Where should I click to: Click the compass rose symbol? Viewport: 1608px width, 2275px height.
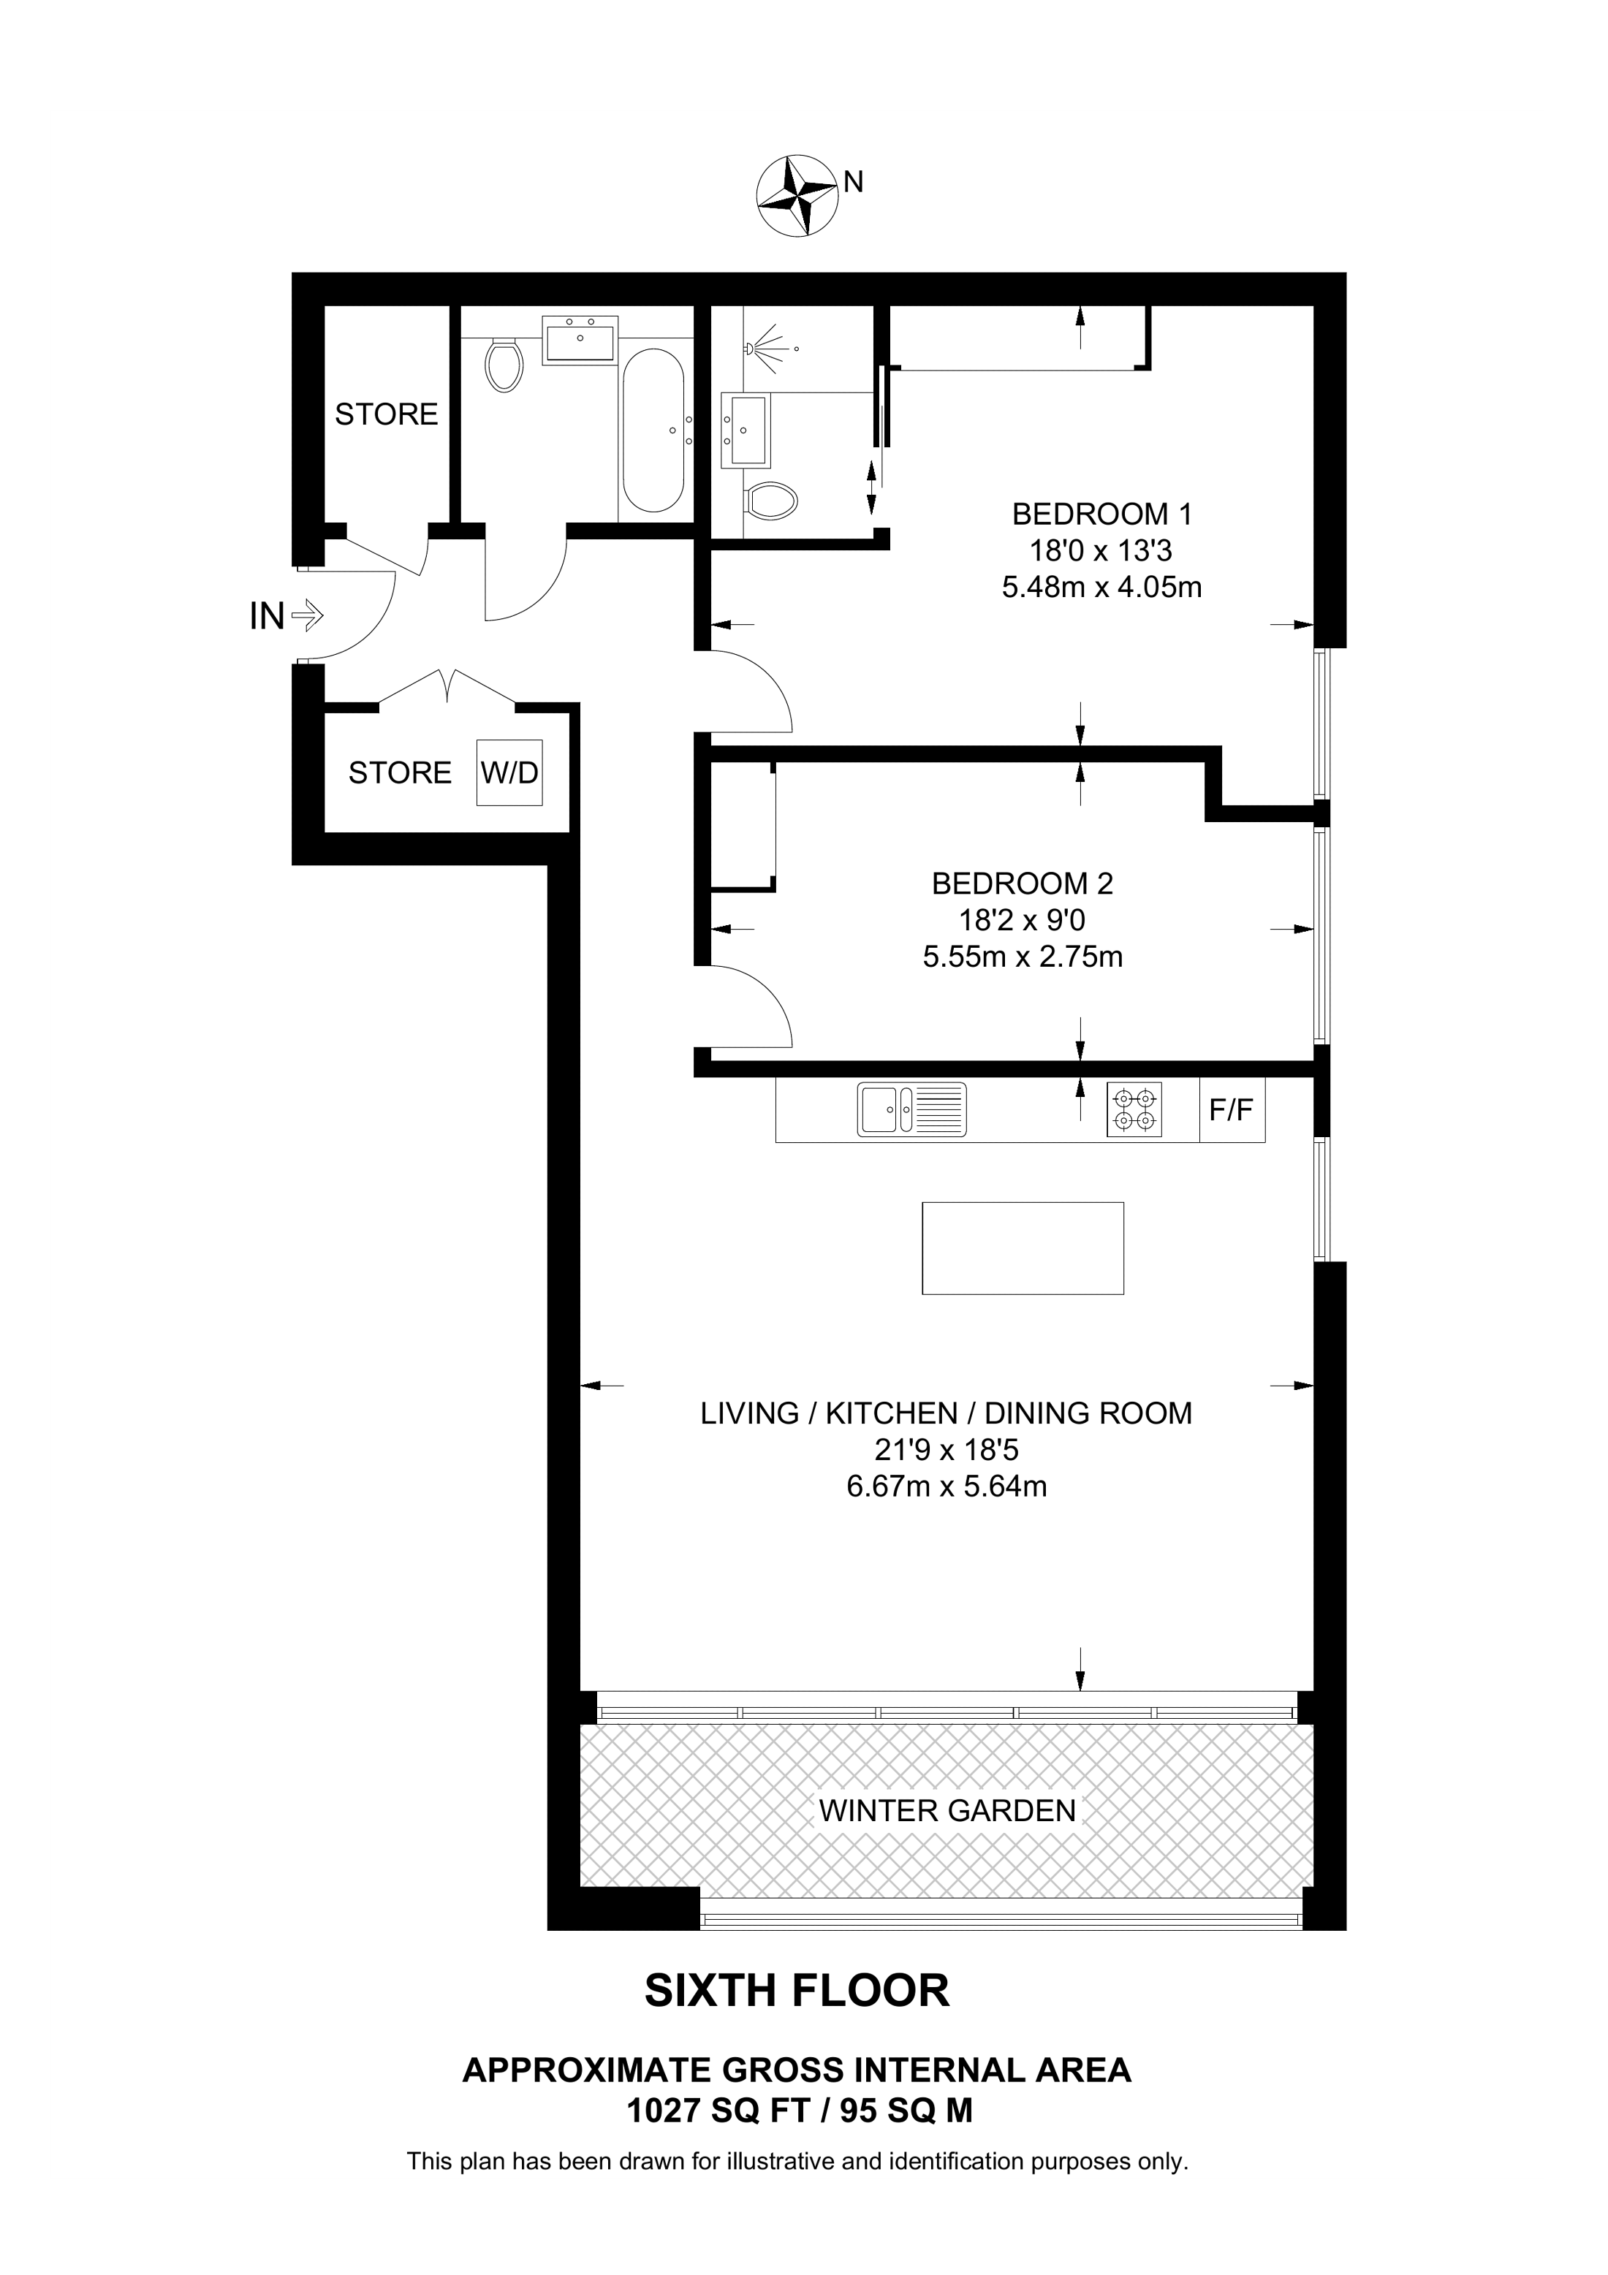point(797,195)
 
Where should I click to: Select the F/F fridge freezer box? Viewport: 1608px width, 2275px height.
point(1232,1110)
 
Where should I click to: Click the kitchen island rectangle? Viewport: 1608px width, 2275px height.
point(1023,1247)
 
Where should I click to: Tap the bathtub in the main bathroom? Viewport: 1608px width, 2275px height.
point(653,430)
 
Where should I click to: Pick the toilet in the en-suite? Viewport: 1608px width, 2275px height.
point(771,501)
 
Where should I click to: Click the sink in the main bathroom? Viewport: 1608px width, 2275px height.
point(580,340)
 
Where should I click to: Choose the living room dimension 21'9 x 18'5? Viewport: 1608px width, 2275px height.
point(947,1450)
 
